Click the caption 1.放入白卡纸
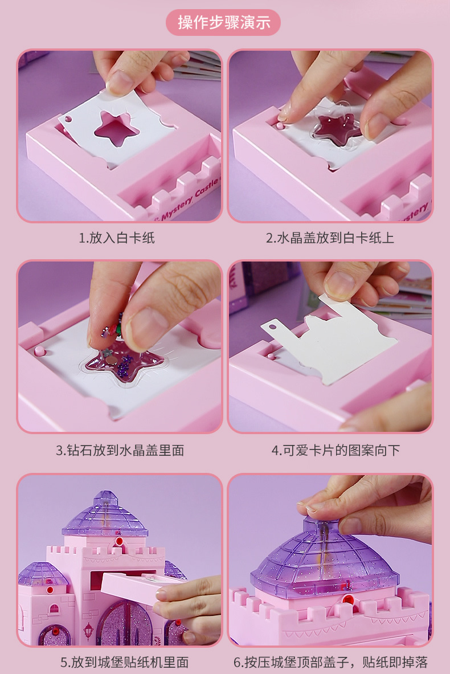tap(117, 238)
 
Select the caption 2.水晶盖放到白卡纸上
tap(330, 238)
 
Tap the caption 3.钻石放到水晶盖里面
tap(120, 450)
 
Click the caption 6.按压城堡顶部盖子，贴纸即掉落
tap(330, 662)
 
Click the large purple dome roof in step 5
tap(105, 516)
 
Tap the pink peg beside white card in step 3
tap(40, 349)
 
